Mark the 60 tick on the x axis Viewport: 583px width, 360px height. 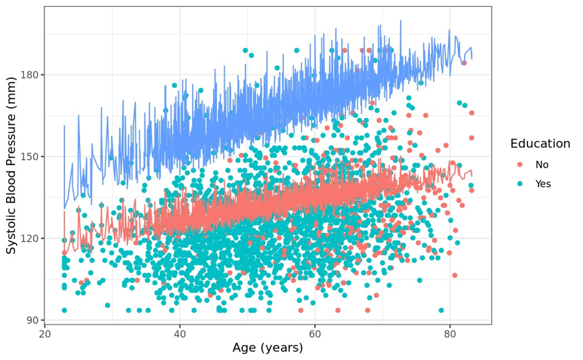tap(315, 334)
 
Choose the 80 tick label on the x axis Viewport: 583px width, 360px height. tap(450, 334)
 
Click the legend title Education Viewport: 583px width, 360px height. tap(539, 144)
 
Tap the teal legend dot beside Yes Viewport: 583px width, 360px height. tap(520, 184)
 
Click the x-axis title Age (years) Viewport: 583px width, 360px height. tap(268, 348)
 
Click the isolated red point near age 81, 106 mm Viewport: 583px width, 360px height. tap(454, 276)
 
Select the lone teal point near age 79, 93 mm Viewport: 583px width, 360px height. tap(441, 310)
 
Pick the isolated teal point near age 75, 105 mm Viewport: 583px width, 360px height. tap(419, 280)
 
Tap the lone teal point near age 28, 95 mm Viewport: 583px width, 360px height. tap(108, 306)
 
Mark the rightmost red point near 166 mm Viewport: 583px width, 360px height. tap(471, 113)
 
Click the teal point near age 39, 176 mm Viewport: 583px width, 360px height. tap(175, 86)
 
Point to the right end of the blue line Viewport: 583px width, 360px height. tap(472, 58)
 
